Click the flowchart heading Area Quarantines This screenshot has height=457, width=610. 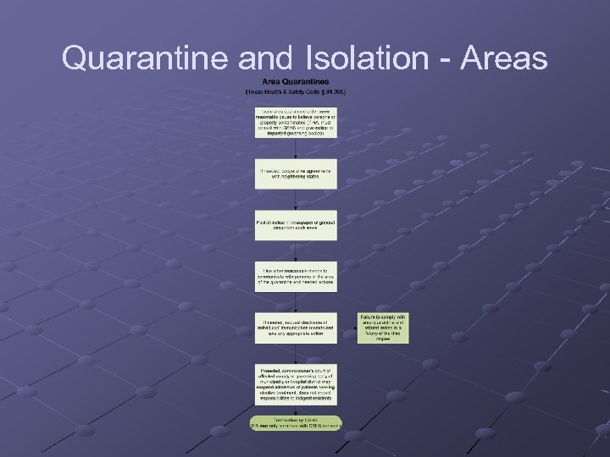click(296, 81)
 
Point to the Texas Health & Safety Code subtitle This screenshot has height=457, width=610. click(296, 91)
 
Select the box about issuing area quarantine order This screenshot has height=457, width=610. click(296, 121)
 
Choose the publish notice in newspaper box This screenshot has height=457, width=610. click(296, 225)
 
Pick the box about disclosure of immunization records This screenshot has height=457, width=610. click(296, 328)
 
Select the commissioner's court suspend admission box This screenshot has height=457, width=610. click(296, 383)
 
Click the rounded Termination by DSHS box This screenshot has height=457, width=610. click(296, 421)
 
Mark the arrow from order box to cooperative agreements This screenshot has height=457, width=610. click(296, 147)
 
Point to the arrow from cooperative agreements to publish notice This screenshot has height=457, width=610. click(296, 200)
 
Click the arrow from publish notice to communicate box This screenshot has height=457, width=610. click(296, 251)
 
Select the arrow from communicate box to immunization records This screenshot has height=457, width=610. click(296, 303)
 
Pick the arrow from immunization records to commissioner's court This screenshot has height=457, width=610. click(296, 354)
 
